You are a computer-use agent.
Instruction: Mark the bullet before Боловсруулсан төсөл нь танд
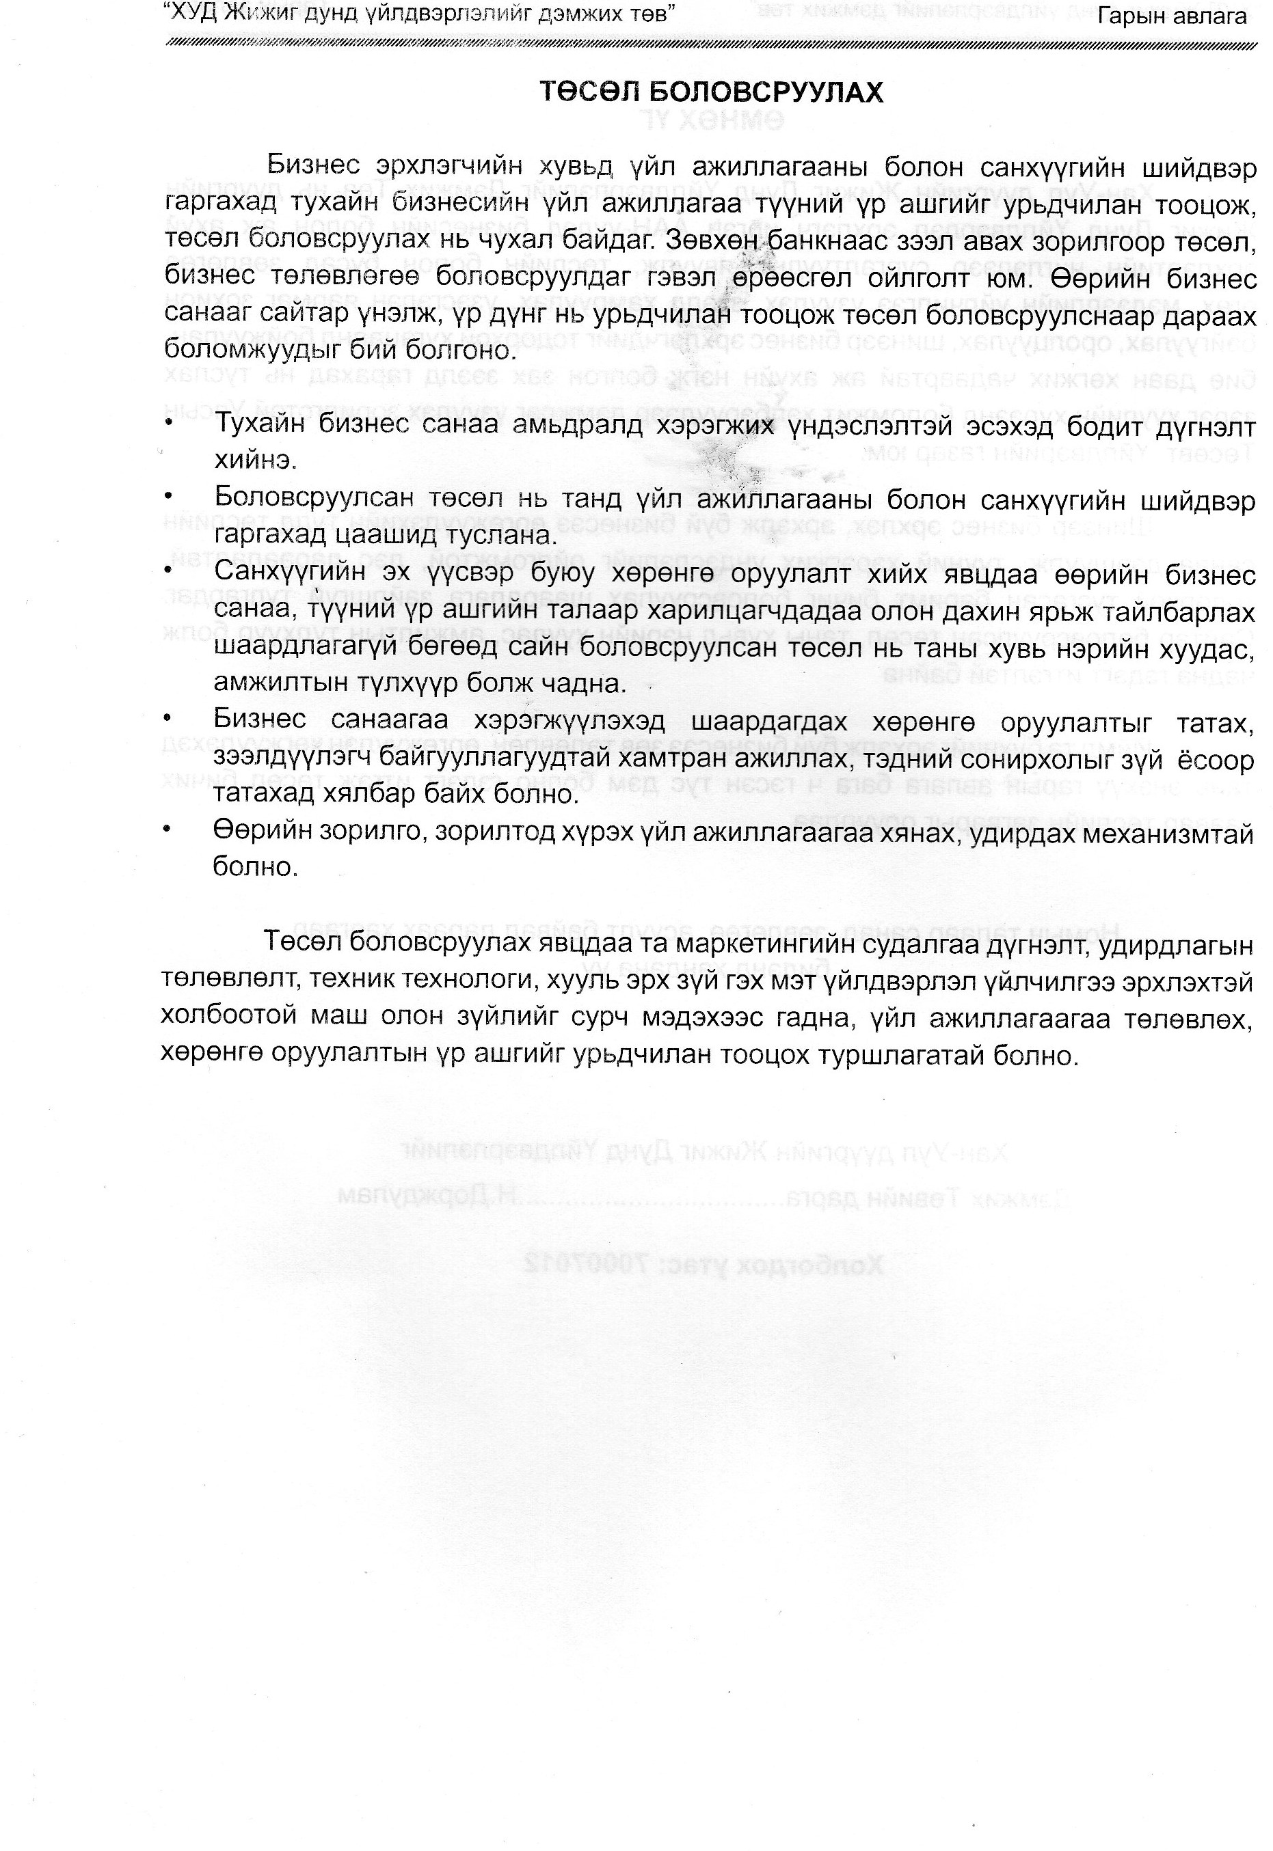[168, 497]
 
